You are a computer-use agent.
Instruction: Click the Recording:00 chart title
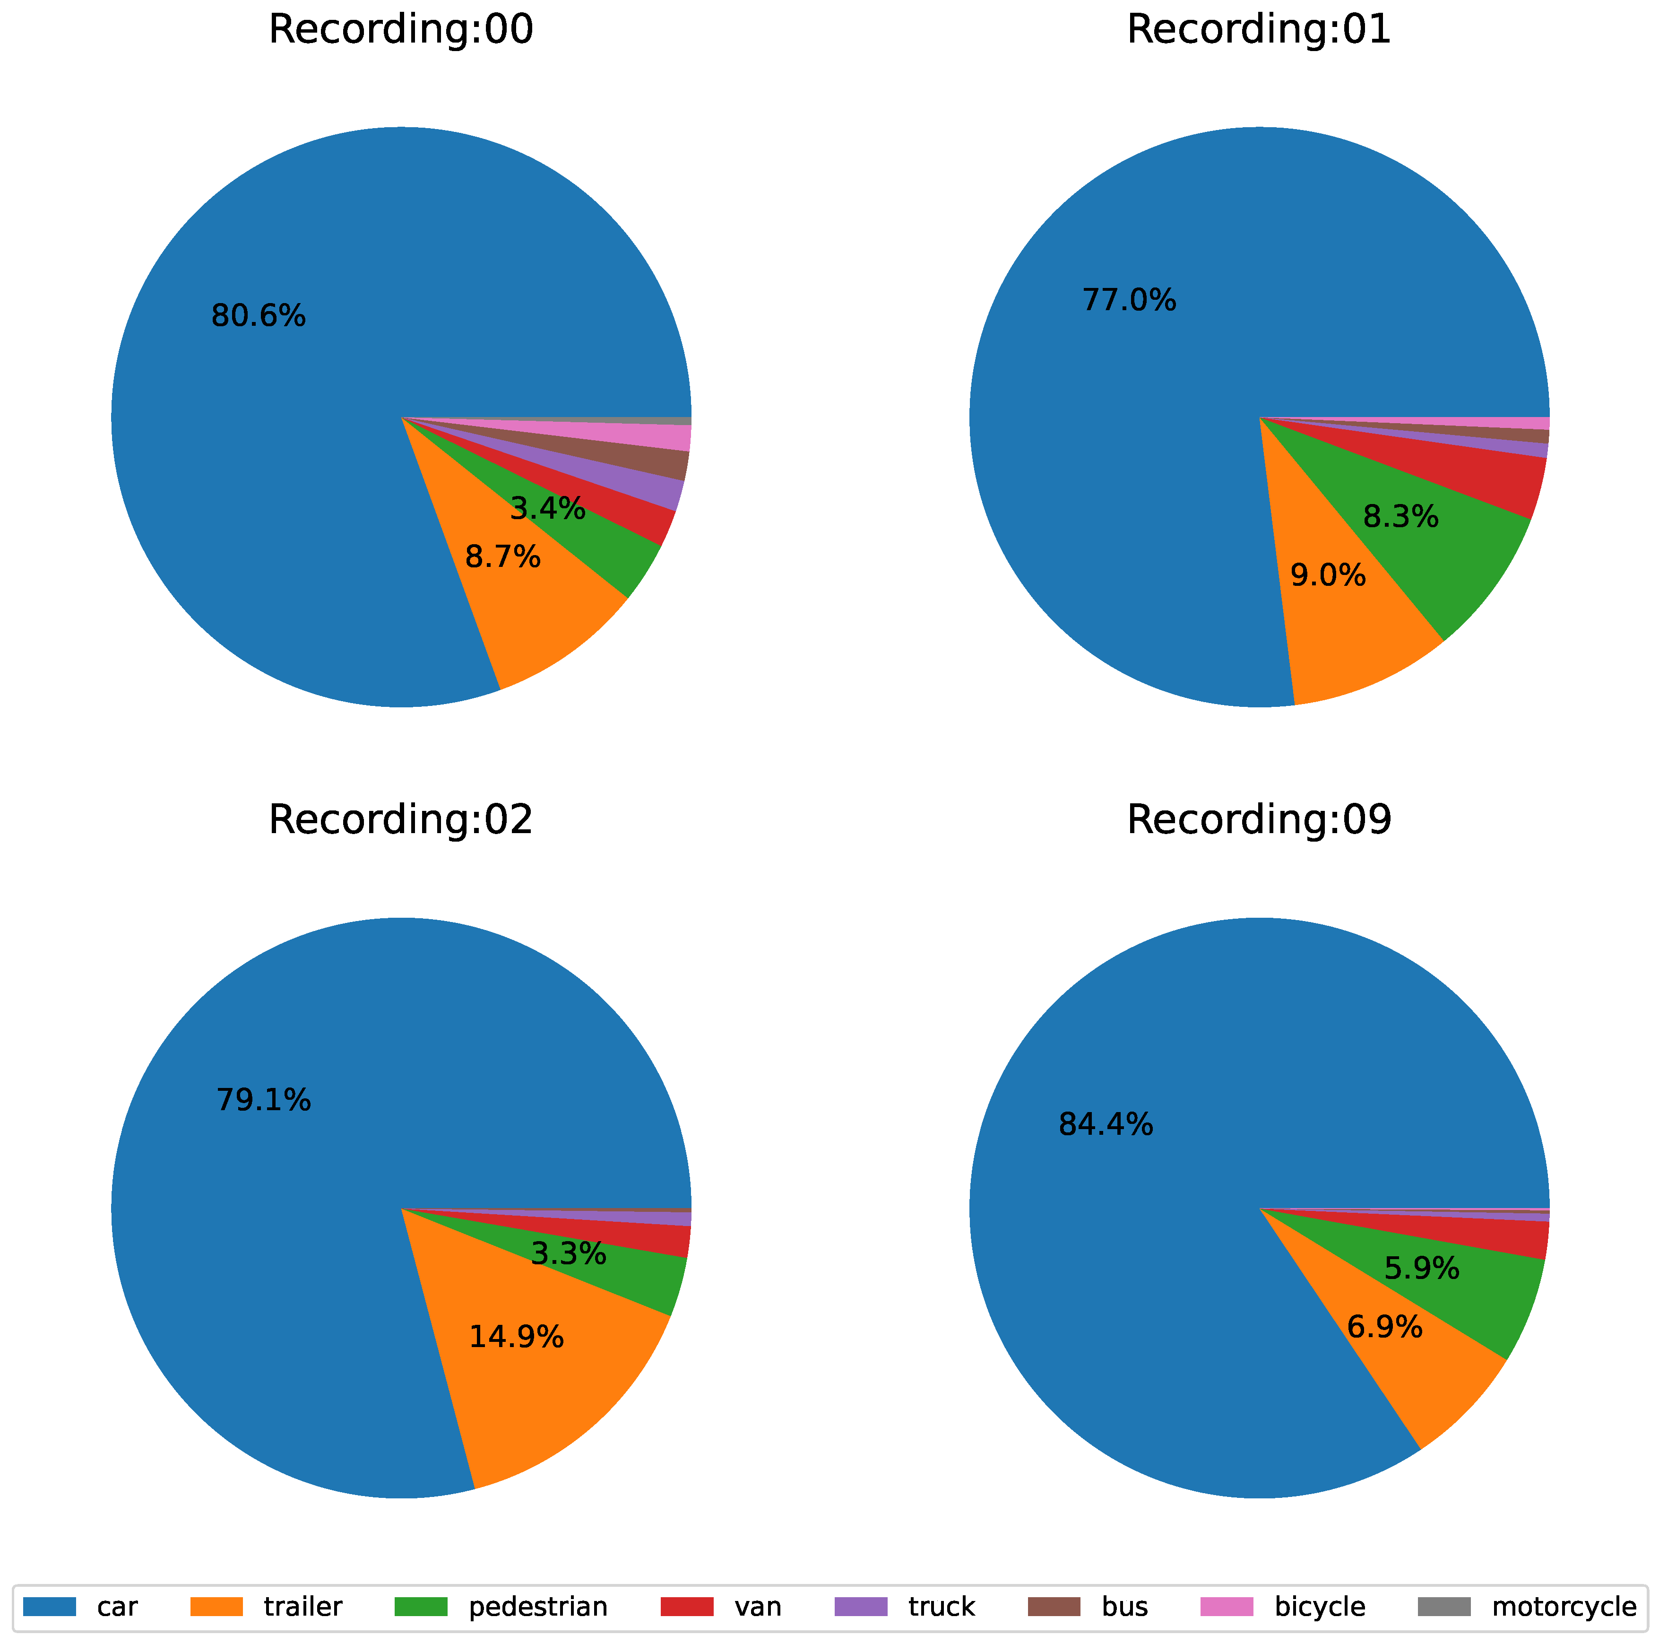(400, 30)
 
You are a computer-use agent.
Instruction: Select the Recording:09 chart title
(1259, 820)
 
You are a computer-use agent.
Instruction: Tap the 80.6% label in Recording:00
(259, 317)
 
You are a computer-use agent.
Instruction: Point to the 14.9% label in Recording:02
(516, 1337)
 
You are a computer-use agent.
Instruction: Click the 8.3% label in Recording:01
(1400, 517)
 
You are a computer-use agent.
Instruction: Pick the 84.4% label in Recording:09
(1106, 1124)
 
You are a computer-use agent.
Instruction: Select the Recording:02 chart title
(400, 820)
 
